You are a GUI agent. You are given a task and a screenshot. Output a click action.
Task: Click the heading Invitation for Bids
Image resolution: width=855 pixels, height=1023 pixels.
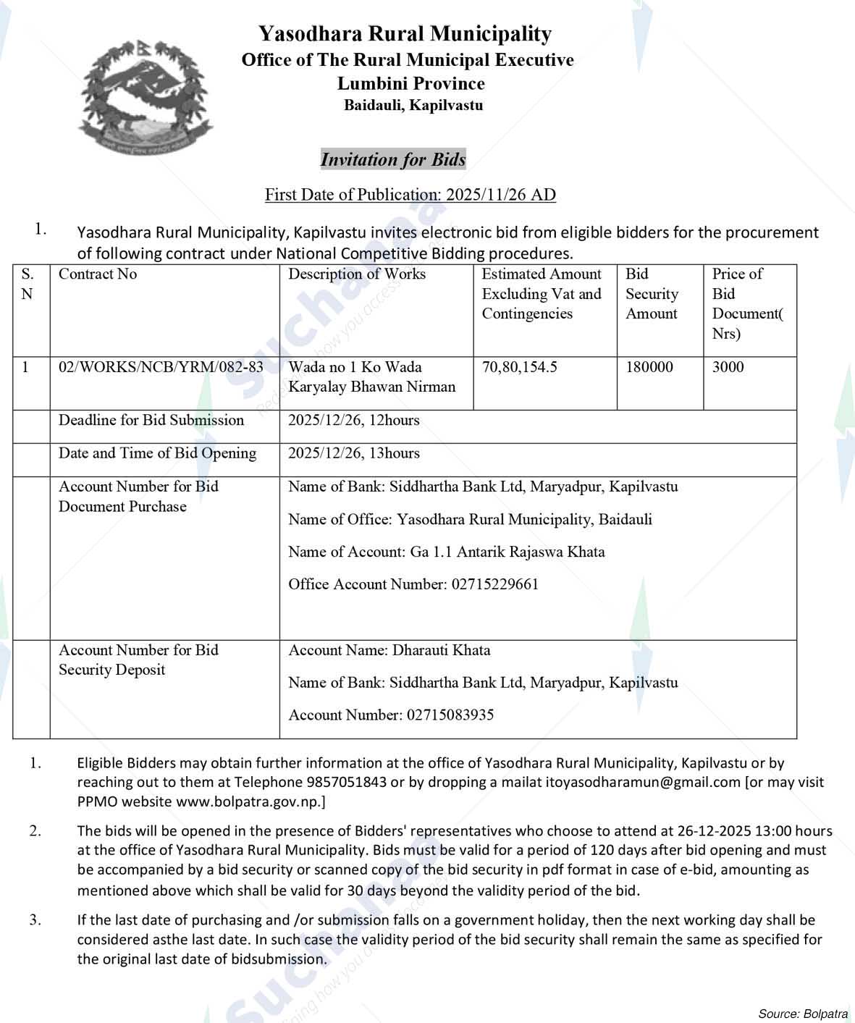click(x=393, y=159)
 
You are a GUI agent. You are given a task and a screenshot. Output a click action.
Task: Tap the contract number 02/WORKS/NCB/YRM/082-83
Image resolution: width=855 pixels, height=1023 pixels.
click(x=161, y=367)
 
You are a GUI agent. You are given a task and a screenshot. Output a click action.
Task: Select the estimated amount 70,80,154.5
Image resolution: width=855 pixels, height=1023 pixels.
click(x=520, y=367)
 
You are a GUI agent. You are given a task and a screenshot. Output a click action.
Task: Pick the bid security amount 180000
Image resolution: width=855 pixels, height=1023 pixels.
click(x=649, y=367)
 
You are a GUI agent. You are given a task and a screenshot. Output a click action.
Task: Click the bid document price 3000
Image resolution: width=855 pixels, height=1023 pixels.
click(x=728, y=367)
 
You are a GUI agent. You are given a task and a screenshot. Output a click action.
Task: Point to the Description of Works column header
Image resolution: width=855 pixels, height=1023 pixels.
click(x=357, y=274)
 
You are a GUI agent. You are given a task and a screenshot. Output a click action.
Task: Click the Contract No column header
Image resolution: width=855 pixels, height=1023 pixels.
click(x=98, y=274)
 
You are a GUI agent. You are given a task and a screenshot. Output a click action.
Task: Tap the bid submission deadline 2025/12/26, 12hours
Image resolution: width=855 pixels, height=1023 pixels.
click(x=354, y=421)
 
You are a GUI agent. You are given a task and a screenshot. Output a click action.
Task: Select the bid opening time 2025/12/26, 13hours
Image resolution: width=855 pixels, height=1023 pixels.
click(x=354, y=453)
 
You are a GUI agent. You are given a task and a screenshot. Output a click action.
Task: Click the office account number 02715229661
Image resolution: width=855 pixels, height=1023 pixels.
click(x=495, y=584)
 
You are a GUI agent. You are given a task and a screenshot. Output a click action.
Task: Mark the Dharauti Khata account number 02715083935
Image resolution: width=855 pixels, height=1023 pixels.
click(x=450, y=715)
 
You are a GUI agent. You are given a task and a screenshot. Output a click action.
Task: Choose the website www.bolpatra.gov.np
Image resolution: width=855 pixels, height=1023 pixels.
click(x=249, y=801)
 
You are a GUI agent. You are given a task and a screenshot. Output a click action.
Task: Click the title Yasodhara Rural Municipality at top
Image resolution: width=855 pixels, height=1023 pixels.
click(x=405, y=34)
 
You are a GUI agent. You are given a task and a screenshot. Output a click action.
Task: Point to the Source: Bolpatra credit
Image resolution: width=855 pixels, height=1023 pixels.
click(x=803, y=1012)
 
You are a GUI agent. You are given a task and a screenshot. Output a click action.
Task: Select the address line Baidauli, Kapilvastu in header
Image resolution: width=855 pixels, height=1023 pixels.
click(x=413, y=105)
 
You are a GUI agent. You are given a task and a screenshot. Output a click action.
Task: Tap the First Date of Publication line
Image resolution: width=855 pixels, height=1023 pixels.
click(x=410, y=194)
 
